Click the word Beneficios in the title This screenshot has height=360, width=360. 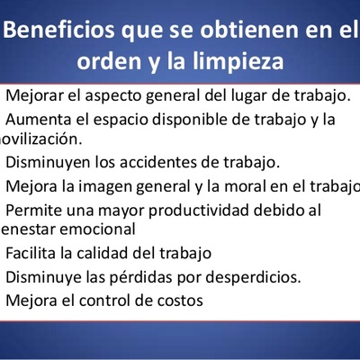(58, 29)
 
